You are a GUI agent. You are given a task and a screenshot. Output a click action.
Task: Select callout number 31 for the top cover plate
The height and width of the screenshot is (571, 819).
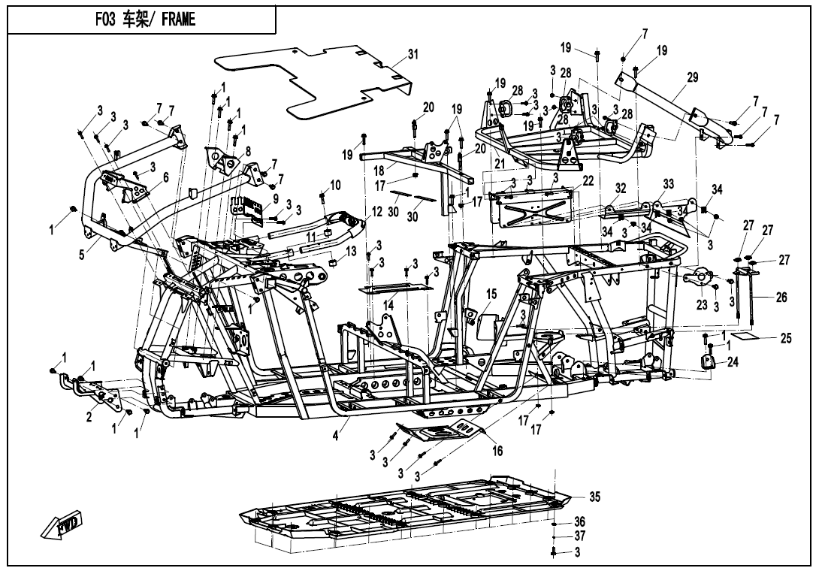pos(413,54)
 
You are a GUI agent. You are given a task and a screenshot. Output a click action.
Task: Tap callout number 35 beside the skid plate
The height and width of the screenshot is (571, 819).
pos(594,497)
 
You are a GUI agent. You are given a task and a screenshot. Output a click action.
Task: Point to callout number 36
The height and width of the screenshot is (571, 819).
pos(579,521)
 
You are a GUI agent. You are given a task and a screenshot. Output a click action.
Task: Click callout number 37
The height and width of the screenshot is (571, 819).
pos(579,536)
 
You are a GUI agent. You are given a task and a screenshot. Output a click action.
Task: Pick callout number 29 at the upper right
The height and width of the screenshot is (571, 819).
pos(692,77)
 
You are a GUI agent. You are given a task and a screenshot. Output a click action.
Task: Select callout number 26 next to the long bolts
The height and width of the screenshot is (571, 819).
pos(781,298)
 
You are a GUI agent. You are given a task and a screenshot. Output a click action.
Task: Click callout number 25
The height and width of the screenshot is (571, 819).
pos(786,339)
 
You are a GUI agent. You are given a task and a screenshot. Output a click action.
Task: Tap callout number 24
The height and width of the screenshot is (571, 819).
pos(733,363)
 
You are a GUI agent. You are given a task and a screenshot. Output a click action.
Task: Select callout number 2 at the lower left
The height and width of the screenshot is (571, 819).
pos(89,417)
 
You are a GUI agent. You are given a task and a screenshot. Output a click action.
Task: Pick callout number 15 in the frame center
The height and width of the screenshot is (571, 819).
pos(492,294)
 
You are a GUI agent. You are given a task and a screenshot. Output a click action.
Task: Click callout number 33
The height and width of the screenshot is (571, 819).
pos(669,183)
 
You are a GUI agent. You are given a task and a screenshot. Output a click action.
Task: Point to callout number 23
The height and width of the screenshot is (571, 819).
pos(702,305)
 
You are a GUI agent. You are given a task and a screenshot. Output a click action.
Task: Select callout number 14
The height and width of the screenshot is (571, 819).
pos(388,306)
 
